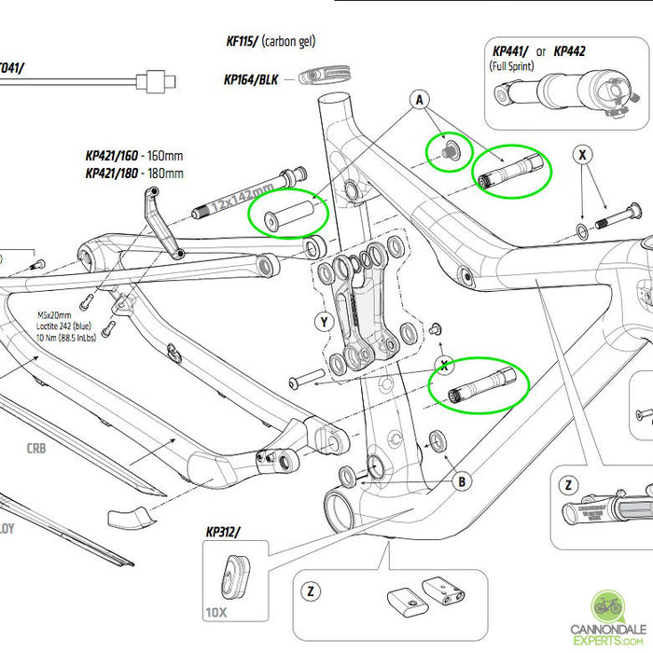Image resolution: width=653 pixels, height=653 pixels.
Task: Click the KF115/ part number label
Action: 241,41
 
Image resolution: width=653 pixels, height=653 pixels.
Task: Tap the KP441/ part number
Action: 511,50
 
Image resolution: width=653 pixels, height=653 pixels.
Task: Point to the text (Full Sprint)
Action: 515,67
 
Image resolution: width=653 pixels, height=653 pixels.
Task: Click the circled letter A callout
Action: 420,99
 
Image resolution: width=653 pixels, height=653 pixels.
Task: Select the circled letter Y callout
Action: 325,323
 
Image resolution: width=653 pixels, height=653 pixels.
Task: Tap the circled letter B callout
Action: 460,481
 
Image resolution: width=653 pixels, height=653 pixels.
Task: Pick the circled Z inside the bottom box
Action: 309,591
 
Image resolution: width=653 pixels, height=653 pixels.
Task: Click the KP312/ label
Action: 223,533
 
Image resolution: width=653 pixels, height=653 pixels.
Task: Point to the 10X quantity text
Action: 215,613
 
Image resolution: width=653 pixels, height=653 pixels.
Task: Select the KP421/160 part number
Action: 115,157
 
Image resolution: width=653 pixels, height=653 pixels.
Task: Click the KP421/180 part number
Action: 115,173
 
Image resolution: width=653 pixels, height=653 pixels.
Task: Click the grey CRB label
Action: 36,447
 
